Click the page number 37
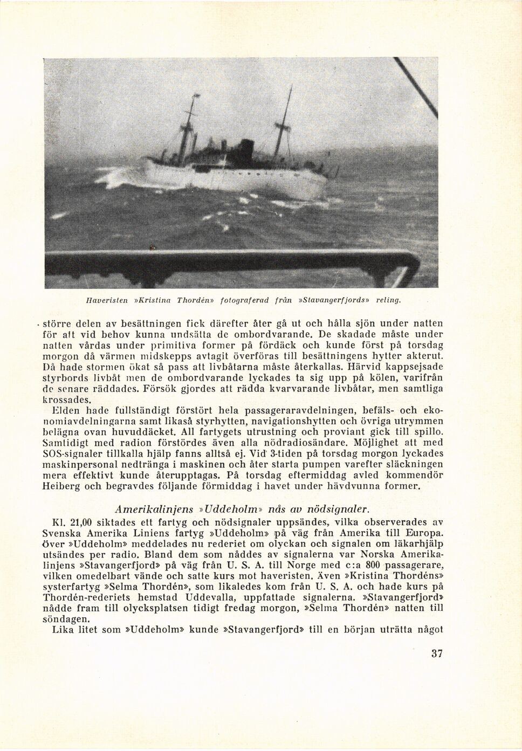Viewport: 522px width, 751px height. click(x=437, y=653)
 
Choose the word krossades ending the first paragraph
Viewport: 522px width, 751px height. click(x=67, y=399)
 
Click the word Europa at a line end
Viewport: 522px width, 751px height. click(x=424, y=533)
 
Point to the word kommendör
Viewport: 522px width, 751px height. click(x=416, y=475)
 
